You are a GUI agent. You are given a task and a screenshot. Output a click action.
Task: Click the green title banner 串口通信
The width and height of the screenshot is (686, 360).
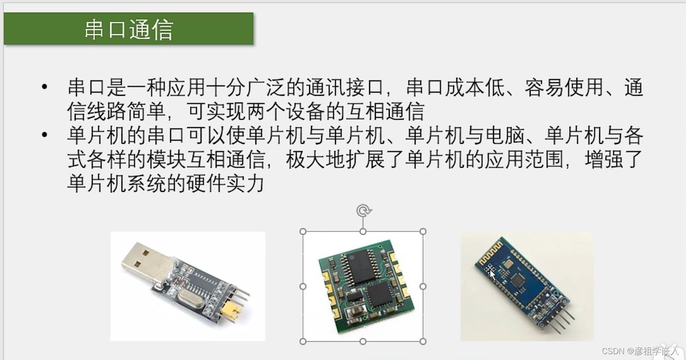129,29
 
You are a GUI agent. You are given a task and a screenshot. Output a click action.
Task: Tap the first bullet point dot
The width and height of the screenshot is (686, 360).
45,87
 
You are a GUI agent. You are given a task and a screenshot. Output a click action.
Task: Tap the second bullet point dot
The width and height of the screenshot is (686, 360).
45,134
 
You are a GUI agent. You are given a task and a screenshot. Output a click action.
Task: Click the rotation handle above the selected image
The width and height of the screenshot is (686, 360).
364,211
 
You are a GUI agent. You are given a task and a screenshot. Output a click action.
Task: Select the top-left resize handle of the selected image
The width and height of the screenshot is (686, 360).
303,231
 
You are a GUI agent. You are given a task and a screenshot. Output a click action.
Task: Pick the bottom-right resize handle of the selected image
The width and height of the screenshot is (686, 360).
423,341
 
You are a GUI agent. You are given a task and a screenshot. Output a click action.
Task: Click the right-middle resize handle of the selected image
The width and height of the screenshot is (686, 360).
423,287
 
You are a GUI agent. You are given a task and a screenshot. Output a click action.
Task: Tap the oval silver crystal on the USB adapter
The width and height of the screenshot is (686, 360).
191,299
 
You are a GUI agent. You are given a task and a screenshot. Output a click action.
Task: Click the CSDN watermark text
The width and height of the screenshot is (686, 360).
640,351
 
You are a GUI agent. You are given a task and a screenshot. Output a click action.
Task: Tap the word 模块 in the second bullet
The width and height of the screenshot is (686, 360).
166,160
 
